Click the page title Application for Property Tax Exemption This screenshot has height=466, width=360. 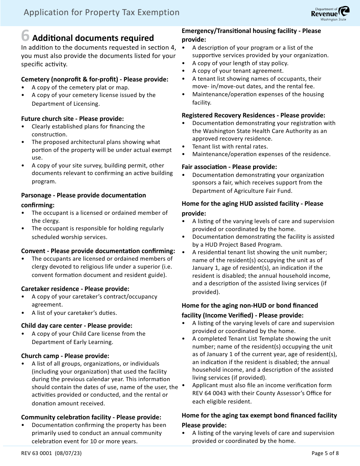point(102,13)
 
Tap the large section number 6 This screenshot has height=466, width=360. point(25,36)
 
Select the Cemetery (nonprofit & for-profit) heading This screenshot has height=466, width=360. point(94,79)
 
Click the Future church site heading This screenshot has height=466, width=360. point(72,119)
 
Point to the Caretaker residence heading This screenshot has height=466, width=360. point(75,289)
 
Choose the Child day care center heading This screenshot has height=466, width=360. point(77,325)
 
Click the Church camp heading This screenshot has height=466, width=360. point(65,356)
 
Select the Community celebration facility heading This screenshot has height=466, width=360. point(91,417)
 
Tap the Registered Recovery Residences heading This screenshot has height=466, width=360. point(253,115)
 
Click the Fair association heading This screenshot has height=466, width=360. point(229,167)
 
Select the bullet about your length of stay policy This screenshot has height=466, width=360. point(240,63)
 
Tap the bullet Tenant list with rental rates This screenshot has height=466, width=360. point(230,146)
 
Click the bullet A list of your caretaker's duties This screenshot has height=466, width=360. point(74,313)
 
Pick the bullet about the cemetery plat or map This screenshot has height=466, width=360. point(80,87)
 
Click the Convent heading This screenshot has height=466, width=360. point(98,251)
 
